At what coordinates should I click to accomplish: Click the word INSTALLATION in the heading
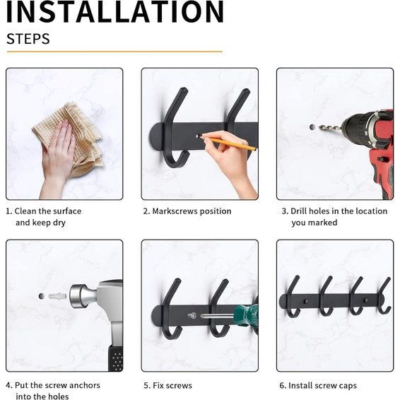tap(114, 11)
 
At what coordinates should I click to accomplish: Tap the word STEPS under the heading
tap(28, 39)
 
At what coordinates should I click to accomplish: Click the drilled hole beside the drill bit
tap(312, 127)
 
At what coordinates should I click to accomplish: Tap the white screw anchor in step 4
tap(57, 296)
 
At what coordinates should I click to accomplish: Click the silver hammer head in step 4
tap(83, 296)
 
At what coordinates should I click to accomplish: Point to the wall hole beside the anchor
tap(42, 296)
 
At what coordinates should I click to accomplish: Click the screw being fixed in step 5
tap(192, 316)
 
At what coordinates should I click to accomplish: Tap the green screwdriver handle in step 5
tap(246, 315)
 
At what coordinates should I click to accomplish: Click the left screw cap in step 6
tap(305, 302)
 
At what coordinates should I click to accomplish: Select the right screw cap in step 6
tap(366, 300)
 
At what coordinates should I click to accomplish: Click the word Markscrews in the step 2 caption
tap(175, 211)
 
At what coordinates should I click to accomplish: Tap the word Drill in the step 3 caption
tap(299, 211)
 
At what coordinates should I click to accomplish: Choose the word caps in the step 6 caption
tap(348, 386)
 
